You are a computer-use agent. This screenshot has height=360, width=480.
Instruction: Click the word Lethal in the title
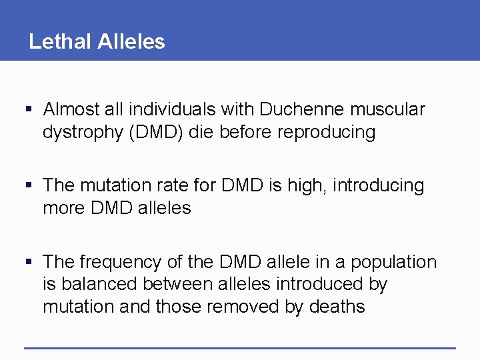pyautogui.click(x=60, y=41)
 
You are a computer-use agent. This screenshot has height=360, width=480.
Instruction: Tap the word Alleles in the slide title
pyautogui.click(x=131, y=41)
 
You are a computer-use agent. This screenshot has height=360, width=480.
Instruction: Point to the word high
pyautogui.click(x=309, y=185)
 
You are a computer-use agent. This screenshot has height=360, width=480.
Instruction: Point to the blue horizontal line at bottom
pyautogui.click(x=239, y=347)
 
